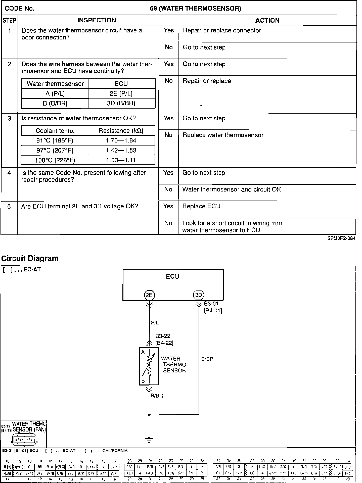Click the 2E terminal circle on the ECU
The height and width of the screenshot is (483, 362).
tap(149, 295)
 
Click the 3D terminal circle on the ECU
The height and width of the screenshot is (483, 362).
tap(199, 295)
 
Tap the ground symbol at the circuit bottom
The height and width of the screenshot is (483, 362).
tap(149, 440)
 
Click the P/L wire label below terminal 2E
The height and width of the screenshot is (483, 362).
tap(155, 323)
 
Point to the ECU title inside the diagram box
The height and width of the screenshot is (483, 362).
tap(172, 276)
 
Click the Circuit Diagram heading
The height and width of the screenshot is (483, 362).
tap(30, 258)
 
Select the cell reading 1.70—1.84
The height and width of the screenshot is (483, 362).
tap(121, 140)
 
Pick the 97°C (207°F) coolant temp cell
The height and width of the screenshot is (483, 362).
tap(55, 150)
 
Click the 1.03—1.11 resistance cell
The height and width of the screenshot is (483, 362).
tap(121, 160)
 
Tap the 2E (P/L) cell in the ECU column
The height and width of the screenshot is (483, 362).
tap(121, 93)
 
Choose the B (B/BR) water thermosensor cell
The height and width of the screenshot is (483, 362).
tap(55, 103)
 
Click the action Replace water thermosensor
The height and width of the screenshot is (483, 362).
tap(223, 135)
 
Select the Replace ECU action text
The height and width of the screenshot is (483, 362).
tap(201, 206)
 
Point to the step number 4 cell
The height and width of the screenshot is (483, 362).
tap(9, 173)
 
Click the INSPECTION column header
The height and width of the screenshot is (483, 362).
tap(97, 20)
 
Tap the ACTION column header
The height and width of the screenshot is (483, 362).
tap(267, 20)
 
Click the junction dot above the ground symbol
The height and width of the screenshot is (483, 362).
tap(149, 414)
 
